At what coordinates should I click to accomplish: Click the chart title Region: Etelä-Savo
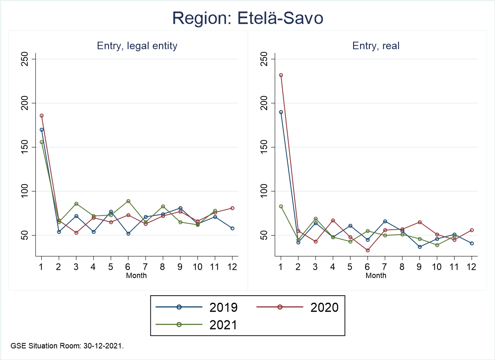click(247, 18)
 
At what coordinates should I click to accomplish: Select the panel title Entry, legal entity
click(137, 46)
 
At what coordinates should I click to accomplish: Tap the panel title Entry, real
click(376, 46)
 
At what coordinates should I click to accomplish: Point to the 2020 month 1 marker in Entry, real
click(281, 75)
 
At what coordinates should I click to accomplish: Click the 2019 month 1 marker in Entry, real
click(281, 112)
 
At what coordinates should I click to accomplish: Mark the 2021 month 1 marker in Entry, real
click(281, 206)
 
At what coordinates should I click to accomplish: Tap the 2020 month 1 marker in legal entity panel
click(41, 116)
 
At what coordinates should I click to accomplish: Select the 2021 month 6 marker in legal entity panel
click(128, 201)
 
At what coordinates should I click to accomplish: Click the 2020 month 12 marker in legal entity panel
click(232, 208)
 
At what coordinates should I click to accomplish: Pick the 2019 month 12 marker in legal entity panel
click(232, 228)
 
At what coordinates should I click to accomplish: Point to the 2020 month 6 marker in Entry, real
click(368, 250)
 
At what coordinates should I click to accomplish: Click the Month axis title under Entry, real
click(376, 276)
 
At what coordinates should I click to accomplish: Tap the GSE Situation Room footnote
click(67, 346)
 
